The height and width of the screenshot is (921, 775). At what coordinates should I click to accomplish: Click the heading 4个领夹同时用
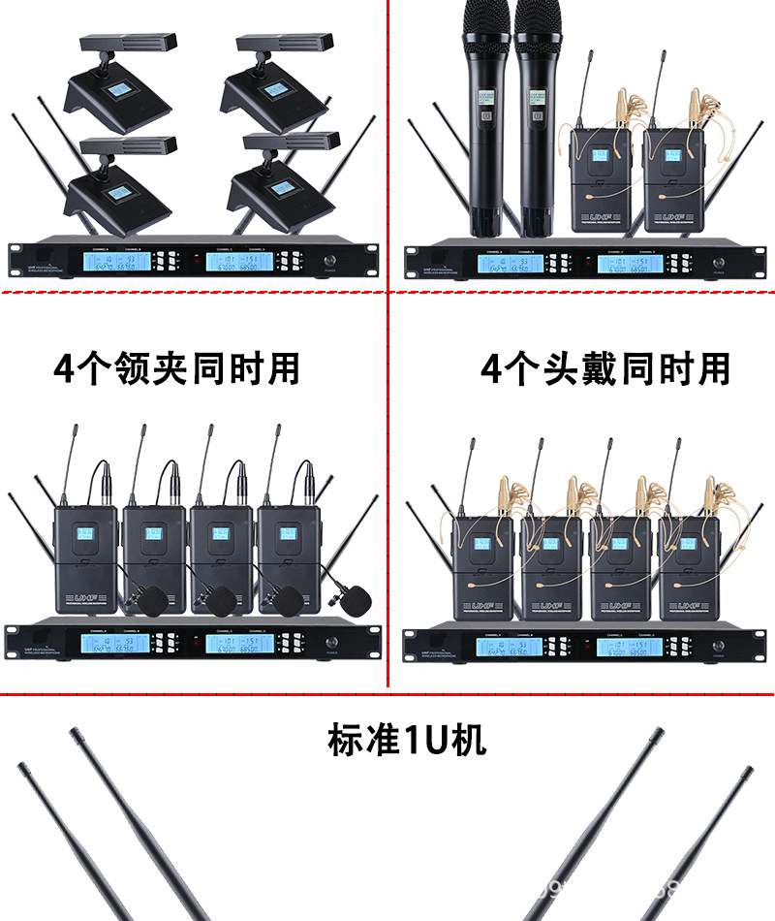pos(177,368)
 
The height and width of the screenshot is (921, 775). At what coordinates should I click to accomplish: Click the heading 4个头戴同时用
pos(604,368)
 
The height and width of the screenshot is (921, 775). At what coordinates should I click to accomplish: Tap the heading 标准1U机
pos(407,740)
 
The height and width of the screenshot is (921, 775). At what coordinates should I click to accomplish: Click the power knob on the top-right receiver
pos(718,263)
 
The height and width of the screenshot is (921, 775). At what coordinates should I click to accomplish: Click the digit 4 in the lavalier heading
pos(64,369)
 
